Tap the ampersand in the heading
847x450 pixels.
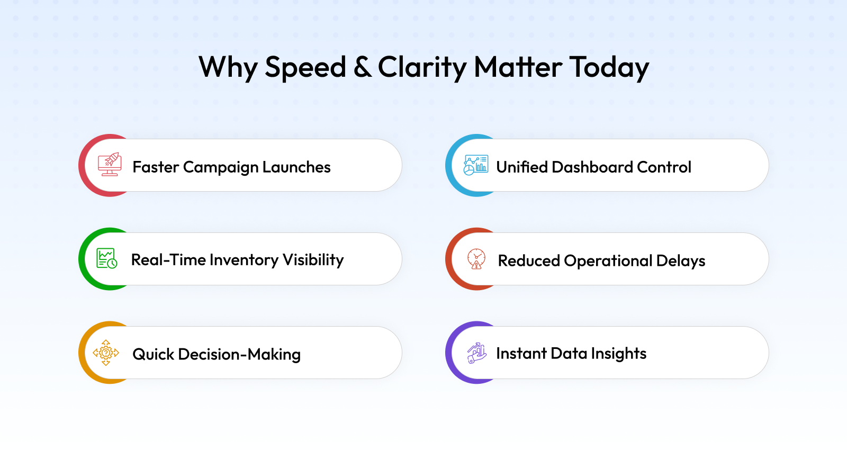[x=362, y=67]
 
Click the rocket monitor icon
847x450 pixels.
[x=110, y=165]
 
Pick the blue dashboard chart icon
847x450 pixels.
[x=476, y=165]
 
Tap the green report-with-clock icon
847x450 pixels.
[x=106, y=258]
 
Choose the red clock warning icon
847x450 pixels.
[x=476, y=259]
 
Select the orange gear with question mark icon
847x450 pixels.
[x=106, y=353]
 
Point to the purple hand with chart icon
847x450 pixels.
[x=476, y=353]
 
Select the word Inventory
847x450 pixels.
[x=244, y=260]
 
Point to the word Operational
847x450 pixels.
[x=608, y=262]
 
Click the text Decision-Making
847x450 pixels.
[x=239, y=355]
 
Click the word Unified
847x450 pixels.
[x=521, y=167]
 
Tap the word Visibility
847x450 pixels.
[x=313, y=260]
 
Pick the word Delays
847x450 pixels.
[x=681, y=262]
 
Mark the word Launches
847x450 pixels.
[x=296, y=167]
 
